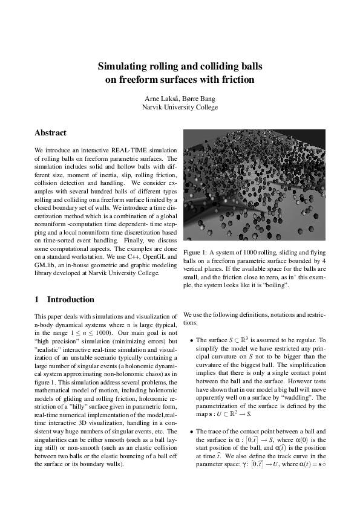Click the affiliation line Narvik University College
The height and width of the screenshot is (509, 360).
180,107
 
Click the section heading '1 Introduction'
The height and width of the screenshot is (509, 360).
64,299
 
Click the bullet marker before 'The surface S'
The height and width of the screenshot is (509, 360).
191,340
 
